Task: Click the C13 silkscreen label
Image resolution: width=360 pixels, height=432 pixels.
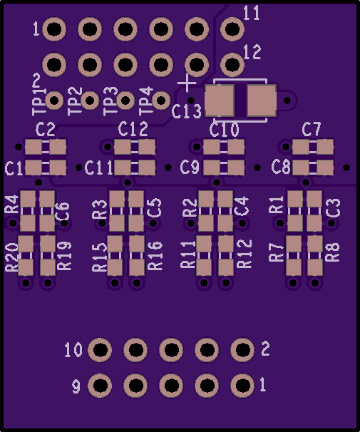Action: [187, 111]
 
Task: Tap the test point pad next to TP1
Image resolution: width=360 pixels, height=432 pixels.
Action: [54, 101]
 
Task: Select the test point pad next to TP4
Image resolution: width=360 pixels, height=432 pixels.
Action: [161, 101]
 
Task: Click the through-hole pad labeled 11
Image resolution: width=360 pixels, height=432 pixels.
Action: [232, 29]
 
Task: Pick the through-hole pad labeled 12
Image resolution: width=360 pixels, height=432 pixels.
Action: [232, 65]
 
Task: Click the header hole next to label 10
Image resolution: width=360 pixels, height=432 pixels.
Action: [100, 349]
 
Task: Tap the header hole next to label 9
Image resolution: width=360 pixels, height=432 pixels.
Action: [100, 385]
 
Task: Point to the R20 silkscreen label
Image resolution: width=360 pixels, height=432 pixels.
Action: [11, 257]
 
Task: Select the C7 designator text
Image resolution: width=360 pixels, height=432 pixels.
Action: [312, 129]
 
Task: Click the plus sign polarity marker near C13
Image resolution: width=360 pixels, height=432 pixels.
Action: [187, 83]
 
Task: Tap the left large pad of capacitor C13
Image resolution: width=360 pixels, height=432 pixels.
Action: [220, 101]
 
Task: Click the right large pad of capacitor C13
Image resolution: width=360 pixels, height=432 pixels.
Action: [262, 101]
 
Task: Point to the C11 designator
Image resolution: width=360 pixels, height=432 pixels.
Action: [99, 168]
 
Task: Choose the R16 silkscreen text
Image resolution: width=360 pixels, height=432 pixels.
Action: [155, 256]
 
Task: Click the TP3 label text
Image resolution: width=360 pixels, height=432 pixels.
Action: [110, 101]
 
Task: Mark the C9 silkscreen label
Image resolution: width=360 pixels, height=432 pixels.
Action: [190, 168]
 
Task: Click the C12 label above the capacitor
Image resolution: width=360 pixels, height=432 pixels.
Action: [133, 129]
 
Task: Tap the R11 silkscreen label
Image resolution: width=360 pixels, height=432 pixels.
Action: [188, 254]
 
